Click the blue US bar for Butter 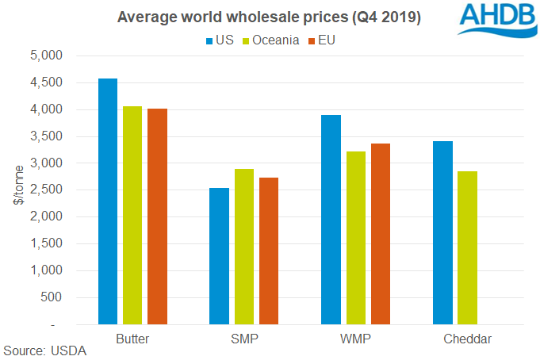(x=107, y=201)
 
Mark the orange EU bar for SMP (x=269, y=251)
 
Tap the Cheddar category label (x=469, y=339)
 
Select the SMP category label (x=244, y=339)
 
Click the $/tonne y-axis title (x=17, y=190)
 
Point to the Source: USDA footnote (x=45, y=350)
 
